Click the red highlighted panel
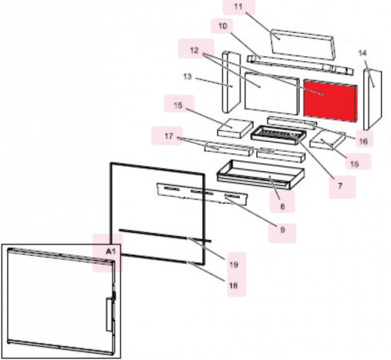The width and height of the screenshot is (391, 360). (330, 101)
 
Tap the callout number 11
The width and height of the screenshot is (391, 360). (239, 7)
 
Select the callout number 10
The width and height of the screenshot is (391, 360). (223, 25)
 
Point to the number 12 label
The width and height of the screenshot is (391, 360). (194, 50)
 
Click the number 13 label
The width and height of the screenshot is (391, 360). (187, 76)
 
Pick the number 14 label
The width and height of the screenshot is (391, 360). (362, 53)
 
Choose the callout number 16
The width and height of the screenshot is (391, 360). (364, 142)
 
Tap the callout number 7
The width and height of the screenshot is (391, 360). (340, 186)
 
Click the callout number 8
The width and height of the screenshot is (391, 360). (282, 206)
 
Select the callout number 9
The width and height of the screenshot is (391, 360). (282, 230)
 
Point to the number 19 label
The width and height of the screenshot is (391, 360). (234, 264)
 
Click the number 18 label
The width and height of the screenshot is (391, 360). (233, 285)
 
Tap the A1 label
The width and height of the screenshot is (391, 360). (111, 251)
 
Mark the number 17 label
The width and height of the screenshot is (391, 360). (169, 136)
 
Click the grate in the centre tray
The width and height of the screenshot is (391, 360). (277, 134)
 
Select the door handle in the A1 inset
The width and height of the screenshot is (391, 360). (110, 314)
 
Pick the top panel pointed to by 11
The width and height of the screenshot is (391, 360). (302, 44)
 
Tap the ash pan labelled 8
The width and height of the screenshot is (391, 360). (261, 174)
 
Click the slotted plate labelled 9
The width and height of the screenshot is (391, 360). (202, 194)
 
